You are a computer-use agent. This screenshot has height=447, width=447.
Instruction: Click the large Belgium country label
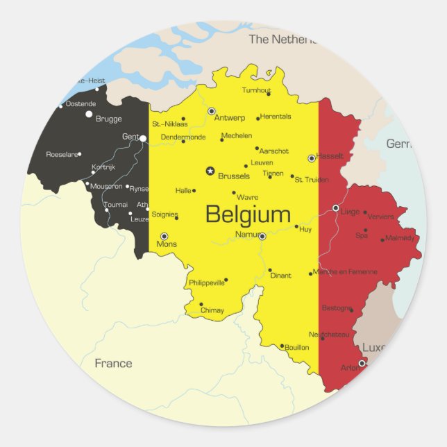[248, 214]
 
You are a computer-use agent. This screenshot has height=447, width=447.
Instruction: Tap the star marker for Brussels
[210, 170]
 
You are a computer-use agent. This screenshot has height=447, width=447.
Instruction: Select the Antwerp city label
[230, 118]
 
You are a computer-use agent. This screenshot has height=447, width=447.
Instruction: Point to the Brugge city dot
[89, 114]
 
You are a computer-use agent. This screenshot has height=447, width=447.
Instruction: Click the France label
[113, 363]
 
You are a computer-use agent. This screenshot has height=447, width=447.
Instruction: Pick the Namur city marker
[262, 237]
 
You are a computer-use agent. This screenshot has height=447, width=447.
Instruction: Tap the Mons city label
[167, 244]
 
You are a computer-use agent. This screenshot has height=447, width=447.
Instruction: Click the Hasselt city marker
[312, 158]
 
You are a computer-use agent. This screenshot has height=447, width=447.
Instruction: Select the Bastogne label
[337, 307]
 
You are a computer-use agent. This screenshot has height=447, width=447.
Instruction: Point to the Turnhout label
[256, 90]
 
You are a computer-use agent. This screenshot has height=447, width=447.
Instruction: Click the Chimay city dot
[201, 304]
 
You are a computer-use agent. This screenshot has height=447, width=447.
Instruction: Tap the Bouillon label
[296, 347]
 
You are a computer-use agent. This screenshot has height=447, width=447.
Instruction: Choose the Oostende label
[81, 104]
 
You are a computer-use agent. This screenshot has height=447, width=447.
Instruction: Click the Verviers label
[380, 217]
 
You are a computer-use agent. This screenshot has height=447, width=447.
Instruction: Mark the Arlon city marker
[362, 363]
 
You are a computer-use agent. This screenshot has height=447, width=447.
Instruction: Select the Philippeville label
[207, 282]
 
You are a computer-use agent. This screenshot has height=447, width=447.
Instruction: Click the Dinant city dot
[270, 270]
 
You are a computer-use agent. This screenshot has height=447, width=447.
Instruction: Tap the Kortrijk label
[103, 167]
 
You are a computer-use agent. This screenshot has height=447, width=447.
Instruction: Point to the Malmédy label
[400, 238]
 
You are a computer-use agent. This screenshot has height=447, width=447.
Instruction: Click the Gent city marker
[142, 139]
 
